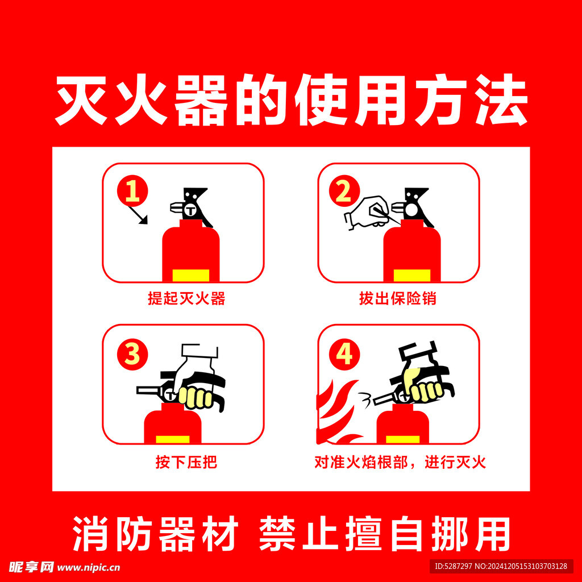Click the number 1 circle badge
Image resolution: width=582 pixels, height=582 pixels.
click(132, 191)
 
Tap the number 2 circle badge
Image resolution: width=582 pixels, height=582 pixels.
click(344, 191)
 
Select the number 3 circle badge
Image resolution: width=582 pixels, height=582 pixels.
click(132, 355)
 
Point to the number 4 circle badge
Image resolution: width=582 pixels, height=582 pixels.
click(344, 355)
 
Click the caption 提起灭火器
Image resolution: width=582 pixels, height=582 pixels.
click(186, 298)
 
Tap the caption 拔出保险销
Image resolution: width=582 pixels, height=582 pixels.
click(397, 298)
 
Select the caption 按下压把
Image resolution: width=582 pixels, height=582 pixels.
click(186, 462)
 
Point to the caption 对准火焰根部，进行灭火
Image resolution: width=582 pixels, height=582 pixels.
click(400, 462)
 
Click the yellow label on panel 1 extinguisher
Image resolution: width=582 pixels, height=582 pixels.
click(191, 276)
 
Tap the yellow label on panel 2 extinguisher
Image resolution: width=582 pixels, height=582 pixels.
click(412, 276)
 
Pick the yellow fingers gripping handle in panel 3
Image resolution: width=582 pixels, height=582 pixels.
click(196, 397)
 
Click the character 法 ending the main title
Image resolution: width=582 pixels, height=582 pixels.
click(501, 100)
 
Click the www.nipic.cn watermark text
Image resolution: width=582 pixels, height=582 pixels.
click(89, 568)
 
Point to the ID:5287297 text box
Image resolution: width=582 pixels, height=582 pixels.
click(501, 567)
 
